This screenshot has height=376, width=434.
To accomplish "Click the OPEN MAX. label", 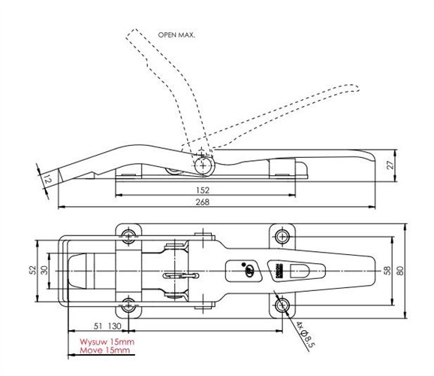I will point(176,35).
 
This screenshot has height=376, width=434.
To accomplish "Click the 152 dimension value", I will point(200,190).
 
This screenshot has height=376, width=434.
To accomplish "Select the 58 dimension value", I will point(386,269).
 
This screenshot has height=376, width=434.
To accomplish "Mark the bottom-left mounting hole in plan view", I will point(128,305).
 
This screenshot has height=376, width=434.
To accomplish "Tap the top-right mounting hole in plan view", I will point(282,235).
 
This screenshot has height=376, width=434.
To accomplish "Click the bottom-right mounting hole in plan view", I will point(282,305).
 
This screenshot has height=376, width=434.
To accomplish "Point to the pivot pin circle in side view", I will point(203,164).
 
